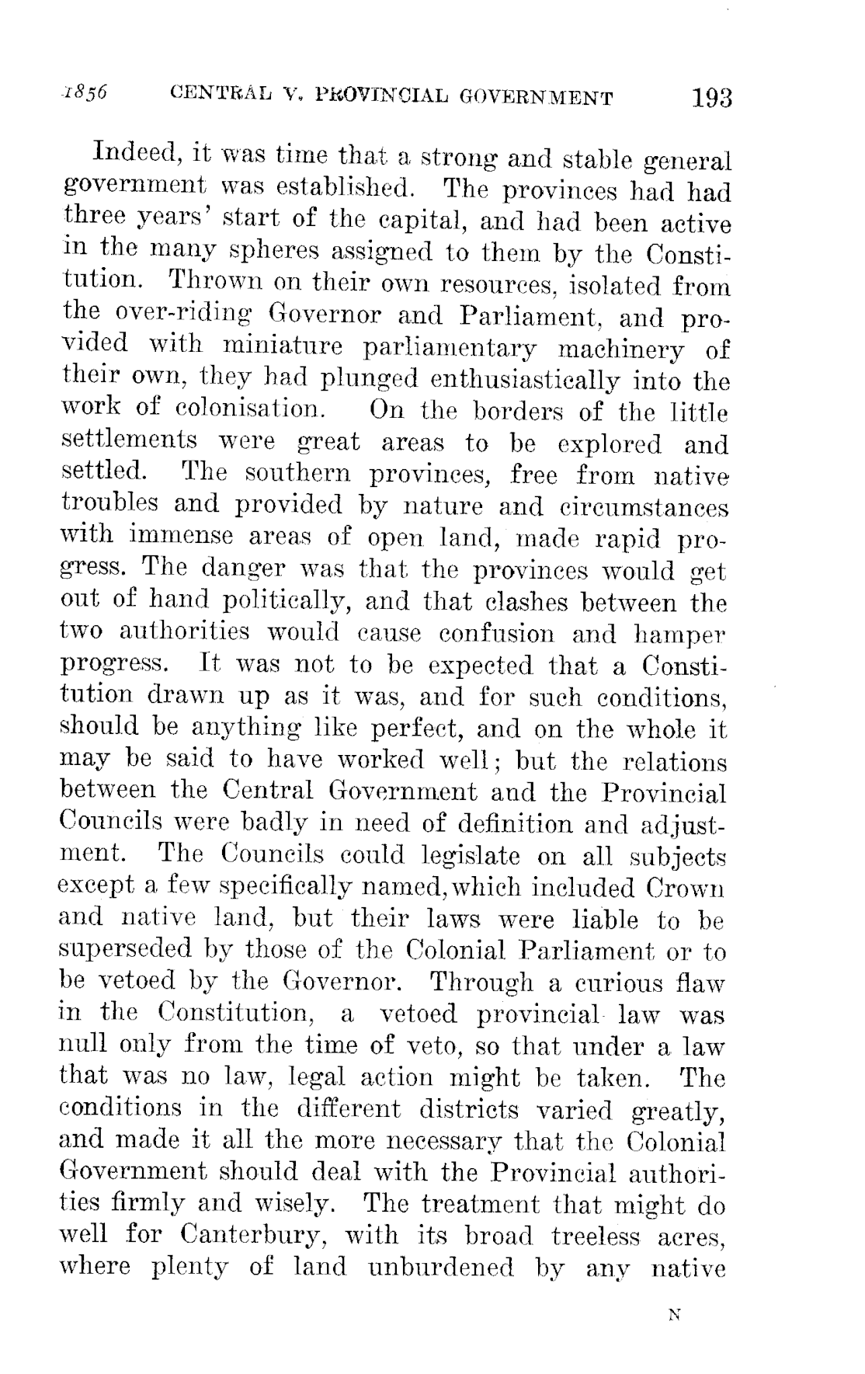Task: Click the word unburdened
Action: click(x=440, y=1268)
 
